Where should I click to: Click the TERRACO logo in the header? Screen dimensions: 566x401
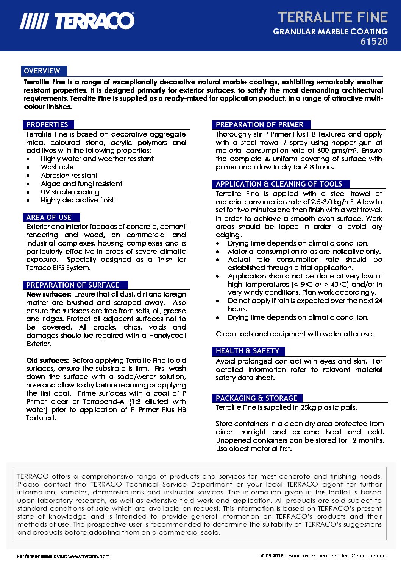(x=77, y=21)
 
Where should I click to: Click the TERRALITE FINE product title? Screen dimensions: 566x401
(x=332, y=17)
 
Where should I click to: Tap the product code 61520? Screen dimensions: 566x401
(x=374, y=42)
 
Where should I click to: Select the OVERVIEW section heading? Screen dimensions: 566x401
(x=42, y=71)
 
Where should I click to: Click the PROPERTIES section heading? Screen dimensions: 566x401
(x=47, y=125)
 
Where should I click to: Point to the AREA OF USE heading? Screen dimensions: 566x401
(x=49, y=218)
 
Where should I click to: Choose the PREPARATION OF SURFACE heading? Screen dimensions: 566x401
(x=73, y=285)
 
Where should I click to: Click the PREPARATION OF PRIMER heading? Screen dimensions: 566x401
(x=259, y=125)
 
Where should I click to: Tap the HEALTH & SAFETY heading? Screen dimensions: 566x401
(x=247, y=351)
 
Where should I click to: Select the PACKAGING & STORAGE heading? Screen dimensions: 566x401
(x=256, y=398)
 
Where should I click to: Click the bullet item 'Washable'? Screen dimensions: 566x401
(x=57, y=167)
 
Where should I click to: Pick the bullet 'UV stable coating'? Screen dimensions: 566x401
(x=70, y=192)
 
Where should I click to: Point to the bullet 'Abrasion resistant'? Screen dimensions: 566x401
(x=69, y=176)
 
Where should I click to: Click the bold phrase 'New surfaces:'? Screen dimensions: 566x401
(x=49, y=294)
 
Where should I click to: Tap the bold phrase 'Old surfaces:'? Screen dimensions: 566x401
(x=48, y=361)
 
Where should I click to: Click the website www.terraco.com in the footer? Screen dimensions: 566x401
(x=89, y=557)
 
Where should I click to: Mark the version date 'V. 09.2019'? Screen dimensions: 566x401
(x=271, y=556)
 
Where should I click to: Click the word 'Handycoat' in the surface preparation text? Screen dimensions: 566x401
(x=167, y=336)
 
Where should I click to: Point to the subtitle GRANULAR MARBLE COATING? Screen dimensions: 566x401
(x=330, y=32)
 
